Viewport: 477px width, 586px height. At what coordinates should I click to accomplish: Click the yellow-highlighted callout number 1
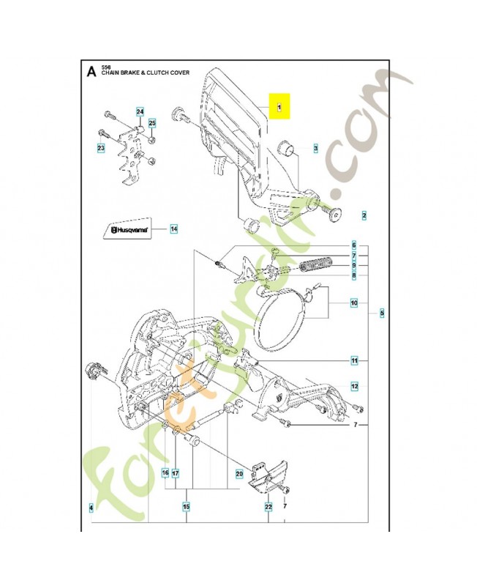[279, 107]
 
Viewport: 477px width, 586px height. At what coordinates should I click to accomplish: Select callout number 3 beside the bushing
[315, 148]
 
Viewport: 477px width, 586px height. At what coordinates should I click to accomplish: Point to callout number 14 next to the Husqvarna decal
[173, 229]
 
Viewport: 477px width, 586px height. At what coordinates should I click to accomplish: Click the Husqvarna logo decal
[129, 229]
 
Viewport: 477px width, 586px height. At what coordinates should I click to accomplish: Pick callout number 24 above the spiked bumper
[140, 111]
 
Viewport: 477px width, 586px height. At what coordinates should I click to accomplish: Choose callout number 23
[101, 149]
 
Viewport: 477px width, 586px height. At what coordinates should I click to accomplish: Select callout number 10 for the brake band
[353, 303]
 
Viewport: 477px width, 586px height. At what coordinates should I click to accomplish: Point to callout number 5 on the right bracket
[381, 314]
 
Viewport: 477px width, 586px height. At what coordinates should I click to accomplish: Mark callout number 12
[353, 386]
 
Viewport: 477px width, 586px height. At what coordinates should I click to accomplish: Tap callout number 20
[238, 473]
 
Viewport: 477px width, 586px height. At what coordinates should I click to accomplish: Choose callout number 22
[268, 506]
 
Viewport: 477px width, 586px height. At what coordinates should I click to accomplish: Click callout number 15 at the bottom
[186, 506]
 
